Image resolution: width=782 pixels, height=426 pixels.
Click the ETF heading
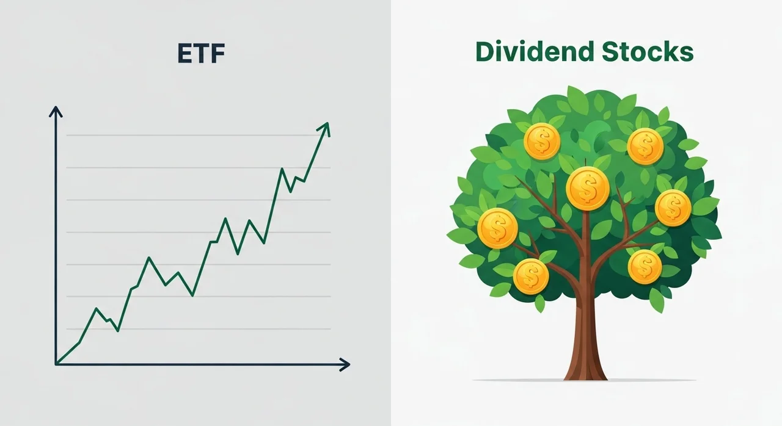[x=201, y=53]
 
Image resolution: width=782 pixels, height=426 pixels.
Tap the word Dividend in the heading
[x=535, y=52]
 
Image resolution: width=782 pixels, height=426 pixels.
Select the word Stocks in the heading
[x=648, y=52]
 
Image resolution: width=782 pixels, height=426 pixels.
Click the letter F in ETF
[x=217, y=53]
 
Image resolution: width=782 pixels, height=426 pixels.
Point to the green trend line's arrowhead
[x=324, y=128]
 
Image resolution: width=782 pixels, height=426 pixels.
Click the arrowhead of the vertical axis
[x=56, y=112]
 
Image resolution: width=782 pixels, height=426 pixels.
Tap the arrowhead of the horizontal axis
[x=345, y=364]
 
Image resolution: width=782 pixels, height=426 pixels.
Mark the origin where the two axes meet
[x=56, y=364]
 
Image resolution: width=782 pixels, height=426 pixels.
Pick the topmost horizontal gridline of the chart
[x=199, y=135]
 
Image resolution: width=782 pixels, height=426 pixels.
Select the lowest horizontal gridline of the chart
[x=199, y=329]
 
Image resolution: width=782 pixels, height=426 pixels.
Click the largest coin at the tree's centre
[x=588, y=189]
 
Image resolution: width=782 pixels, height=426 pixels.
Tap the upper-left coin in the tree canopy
[x=542, y=141]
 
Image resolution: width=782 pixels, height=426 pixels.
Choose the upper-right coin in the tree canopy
[x=645, y=146]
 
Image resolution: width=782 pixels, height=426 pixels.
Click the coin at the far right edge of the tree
[x=673, y=208]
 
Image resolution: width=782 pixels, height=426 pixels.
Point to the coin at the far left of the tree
[x=497, y=228]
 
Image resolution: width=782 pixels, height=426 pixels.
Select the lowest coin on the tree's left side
[x=531, y=276]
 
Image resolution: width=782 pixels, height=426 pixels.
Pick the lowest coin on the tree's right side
[x=645, y=267]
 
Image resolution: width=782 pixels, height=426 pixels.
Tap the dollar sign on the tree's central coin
[x=588, y=189]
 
